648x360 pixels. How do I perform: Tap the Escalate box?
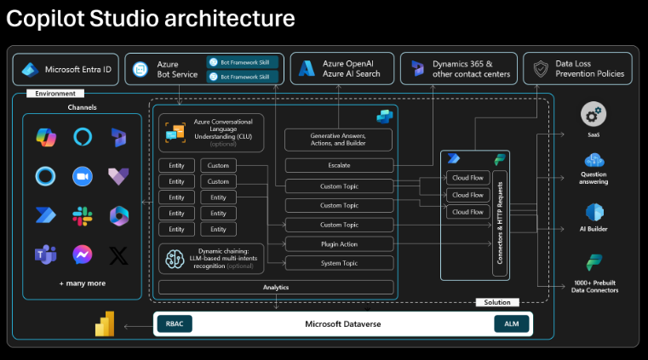pos(338,165)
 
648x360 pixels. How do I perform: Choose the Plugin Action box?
pos(338,244)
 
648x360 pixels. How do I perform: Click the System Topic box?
pos(338,264)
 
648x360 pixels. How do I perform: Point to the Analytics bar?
pos(276,288)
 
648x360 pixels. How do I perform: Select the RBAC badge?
pos(174,324)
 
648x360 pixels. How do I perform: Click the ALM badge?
pos(511,324)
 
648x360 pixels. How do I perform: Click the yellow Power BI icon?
pos(106,324)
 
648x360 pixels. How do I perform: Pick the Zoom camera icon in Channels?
pos(83,175)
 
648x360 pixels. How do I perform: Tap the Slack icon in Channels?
pos(83,215)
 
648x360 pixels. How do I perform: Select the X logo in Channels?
pos(119,254)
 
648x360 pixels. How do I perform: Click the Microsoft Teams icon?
pos(45,254)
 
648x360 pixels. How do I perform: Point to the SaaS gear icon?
pos(594,114)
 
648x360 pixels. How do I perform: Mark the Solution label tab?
pos(497,302)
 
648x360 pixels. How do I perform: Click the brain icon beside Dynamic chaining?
pos(175,258)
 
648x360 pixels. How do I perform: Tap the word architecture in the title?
pos(231,18)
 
